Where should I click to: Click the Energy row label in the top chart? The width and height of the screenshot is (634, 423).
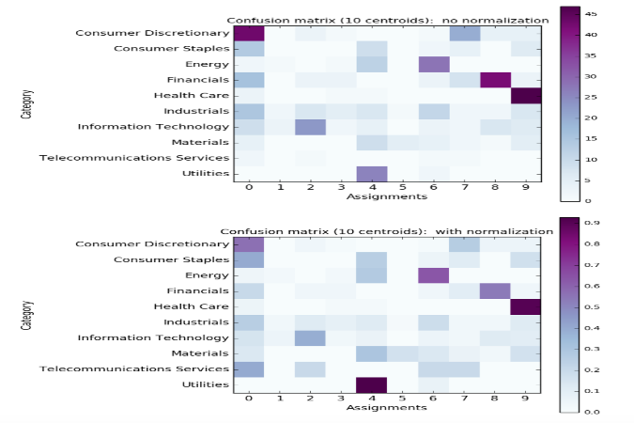[x=208, y=64]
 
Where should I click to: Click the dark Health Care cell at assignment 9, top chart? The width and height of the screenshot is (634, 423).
[x=526, y=95]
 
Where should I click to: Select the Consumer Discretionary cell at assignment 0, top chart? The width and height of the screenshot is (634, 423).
[x=249, y=34]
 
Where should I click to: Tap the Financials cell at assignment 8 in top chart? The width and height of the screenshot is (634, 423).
[x=495, y=80]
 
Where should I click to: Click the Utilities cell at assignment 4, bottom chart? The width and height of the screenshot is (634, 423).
[x=372, y=385]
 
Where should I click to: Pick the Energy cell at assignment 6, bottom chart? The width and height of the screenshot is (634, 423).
[x=434, y=276]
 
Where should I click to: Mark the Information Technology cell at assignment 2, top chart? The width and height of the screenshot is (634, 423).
[x=310, y=126]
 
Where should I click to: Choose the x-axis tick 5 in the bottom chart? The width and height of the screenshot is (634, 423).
[x=403, y=398]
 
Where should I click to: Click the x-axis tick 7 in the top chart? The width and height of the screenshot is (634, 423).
[x=464, y=188]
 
